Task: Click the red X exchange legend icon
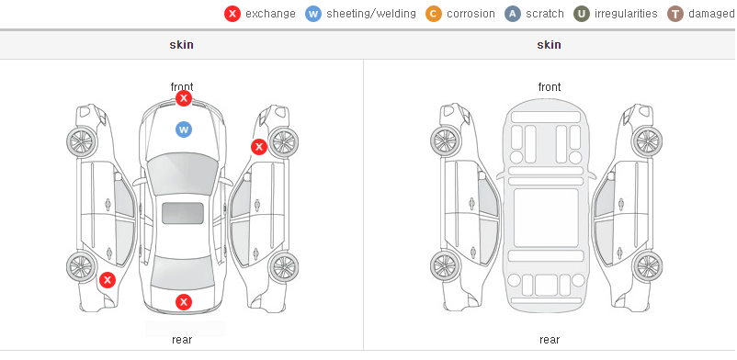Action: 232,14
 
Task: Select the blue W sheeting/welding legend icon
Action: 313,14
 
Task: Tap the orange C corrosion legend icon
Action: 434,14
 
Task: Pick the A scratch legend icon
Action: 513,14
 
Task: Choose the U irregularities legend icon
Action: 582,14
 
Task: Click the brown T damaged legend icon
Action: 675,14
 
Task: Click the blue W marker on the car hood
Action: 184,129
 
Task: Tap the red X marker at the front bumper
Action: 184,98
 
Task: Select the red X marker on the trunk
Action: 184,302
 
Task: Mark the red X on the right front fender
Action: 258,147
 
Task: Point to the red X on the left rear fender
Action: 108,280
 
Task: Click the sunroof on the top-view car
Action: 183,213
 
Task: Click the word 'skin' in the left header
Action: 181,45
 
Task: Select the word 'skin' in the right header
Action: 549,45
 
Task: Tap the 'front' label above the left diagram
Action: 182,87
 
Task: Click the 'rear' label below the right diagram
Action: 550,340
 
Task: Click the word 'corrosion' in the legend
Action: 471,14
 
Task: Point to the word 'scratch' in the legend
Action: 545,14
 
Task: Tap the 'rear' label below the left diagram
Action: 182,340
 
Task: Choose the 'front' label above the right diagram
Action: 550,87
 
